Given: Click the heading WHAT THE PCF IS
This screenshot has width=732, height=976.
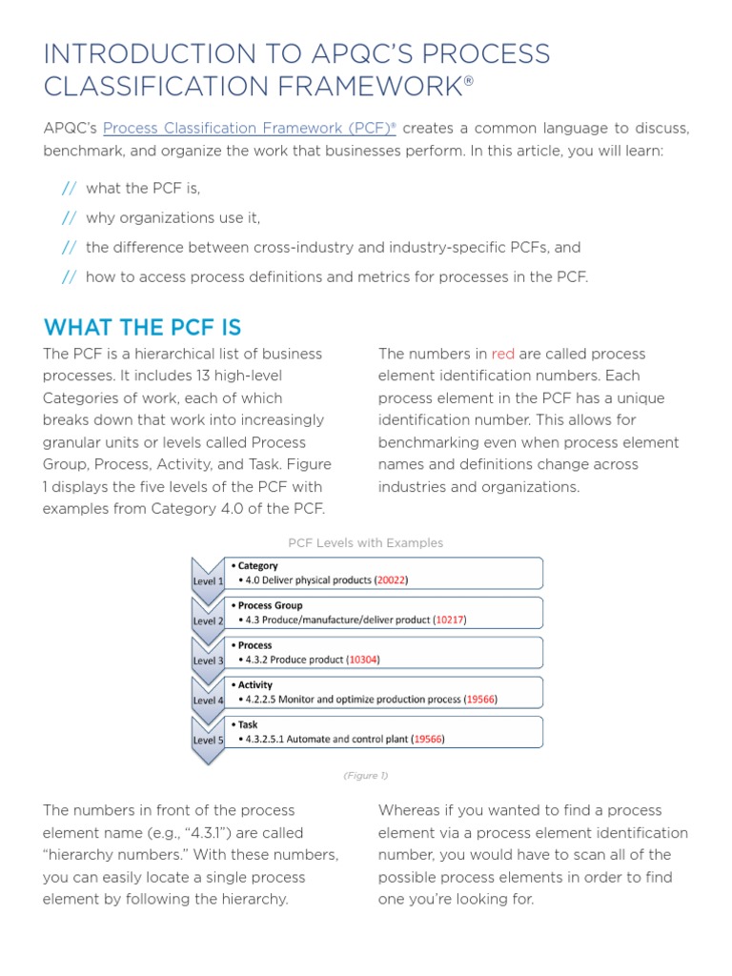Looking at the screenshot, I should [x=142, y=328].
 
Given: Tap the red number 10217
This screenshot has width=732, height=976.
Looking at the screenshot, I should [x=450, y=620].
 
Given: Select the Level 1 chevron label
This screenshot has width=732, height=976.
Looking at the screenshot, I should [x=207, y=580].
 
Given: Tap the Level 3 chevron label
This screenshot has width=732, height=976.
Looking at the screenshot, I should [x=207, y=661].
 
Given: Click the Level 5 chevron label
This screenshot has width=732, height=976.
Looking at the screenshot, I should [x=207, y=740].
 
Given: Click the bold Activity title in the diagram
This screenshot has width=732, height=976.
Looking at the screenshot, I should [x=254, y=685].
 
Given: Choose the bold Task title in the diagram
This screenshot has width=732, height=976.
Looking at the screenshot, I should [x=247, y=724].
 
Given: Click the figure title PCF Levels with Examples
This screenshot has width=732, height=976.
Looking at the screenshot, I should [x=366, y=542].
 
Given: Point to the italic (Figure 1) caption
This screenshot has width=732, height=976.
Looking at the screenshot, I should [x=366, y=776].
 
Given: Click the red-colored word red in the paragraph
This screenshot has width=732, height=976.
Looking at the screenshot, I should [x=502, y=354].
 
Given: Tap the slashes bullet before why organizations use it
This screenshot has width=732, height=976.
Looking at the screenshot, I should [x=69, y=218].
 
